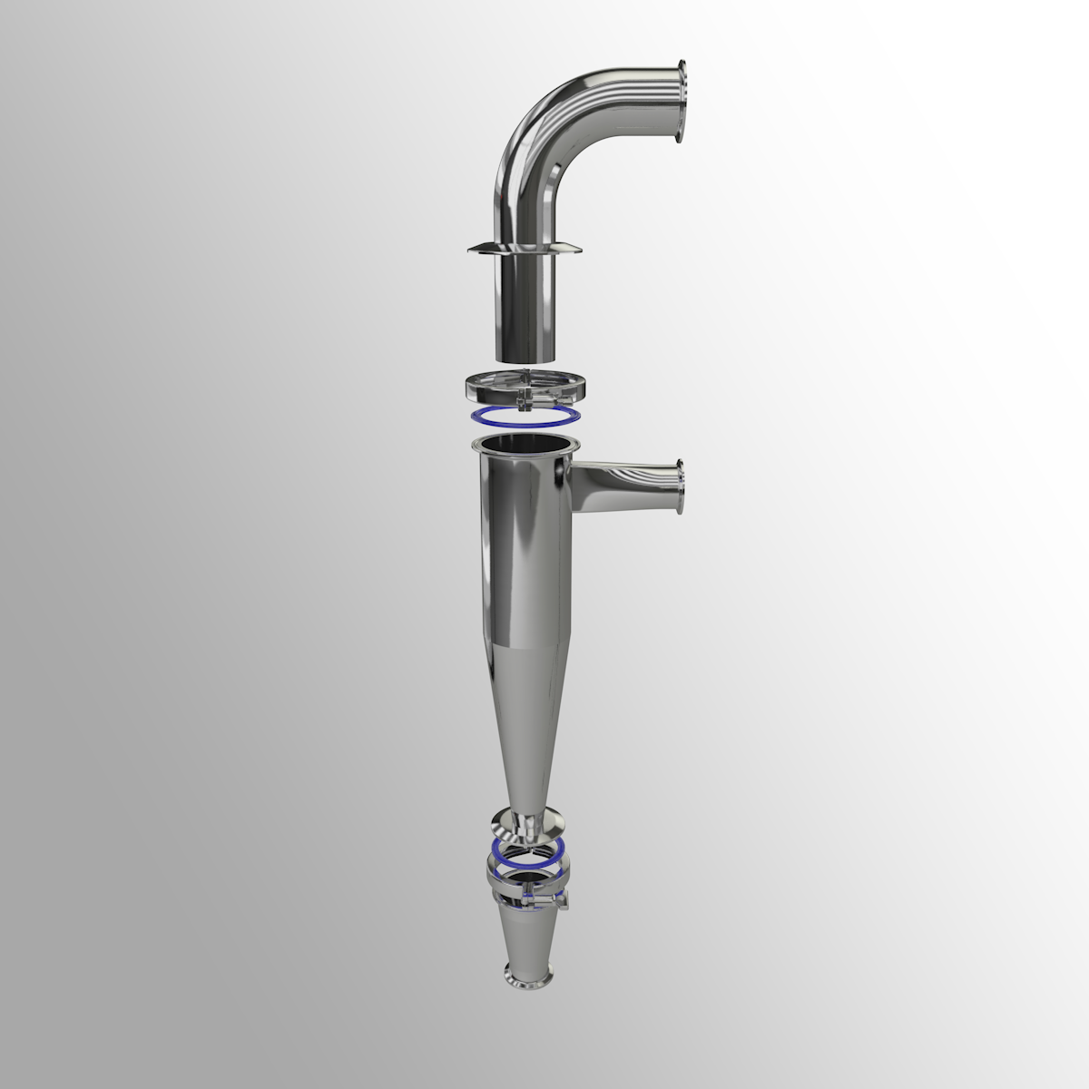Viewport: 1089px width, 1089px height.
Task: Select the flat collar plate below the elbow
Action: tap(525, 249)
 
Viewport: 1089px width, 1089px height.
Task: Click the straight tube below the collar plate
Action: tap(525, 304)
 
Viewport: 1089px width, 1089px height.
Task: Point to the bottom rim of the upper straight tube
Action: tap(525, 357)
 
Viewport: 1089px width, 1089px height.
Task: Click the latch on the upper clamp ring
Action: tap(526, 399)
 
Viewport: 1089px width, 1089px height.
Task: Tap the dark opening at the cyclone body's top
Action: tap(524, 445)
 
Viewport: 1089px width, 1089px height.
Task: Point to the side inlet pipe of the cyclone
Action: tap(622, 481)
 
